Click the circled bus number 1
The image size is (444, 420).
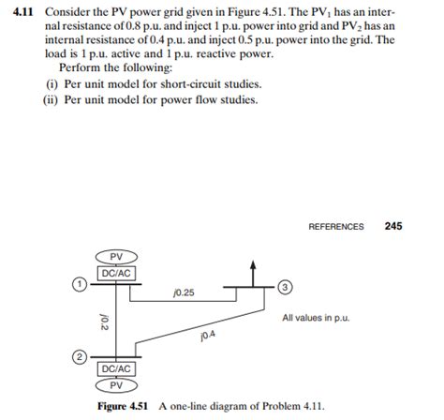[81, 283]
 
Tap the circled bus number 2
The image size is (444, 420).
[81, 357]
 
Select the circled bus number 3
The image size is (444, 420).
[287, 284]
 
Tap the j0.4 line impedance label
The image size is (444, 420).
[207, 335]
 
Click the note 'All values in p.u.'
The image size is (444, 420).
[318, 319]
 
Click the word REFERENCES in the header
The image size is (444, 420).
[335, 227]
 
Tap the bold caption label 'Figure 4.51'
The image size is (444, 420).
[126, 406]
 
